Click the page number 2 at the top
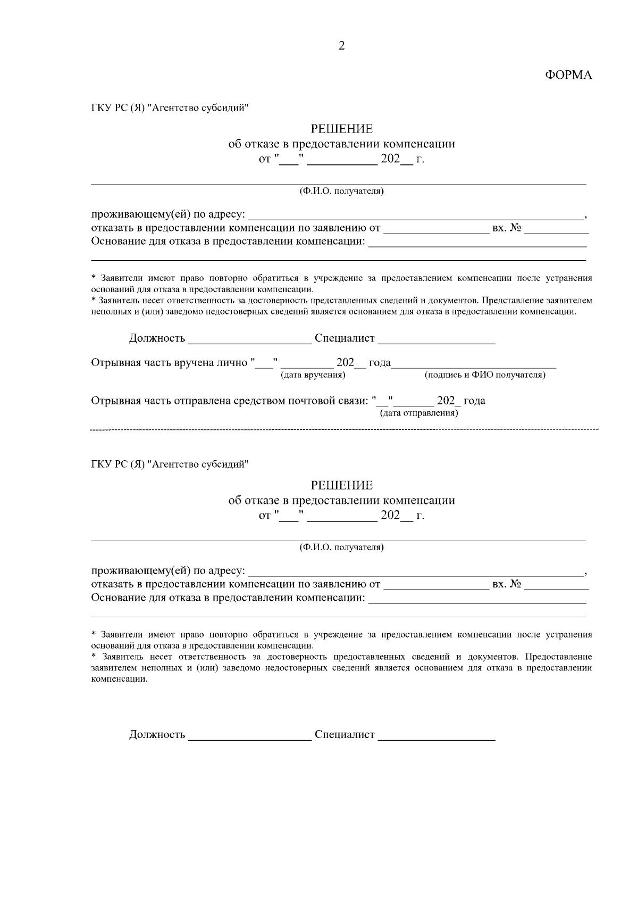pos(341,46)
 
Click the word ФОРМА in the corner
pos(568,76)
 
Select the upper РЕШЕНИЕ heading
pos(341,129)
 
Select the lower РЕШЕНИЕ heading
pos(341,485)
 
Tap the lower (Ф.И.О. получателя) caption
pos(341,548)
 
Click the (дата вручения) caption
pos(313,376)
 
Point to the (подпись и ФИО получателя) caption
pos(485,376)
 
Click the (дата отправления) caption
pos(418,413)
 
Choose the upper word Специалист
pos(345,339)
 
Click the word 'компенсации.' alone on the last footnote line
pos(120,680)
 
